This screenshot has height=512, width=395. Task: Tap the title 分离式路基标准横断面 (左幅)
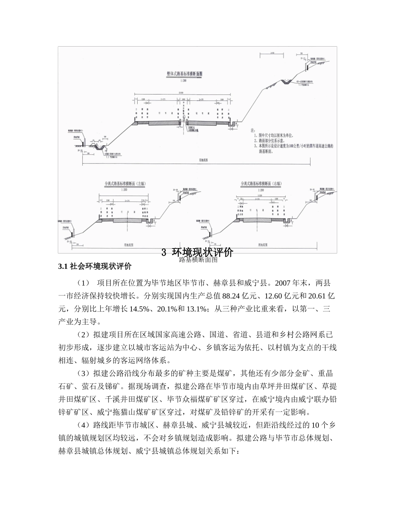click(125, 183)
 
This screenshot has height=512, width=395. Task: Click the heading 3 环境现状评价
click(197, 252)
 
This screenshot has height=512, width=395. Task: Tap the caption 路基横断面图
click(197, 260)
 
